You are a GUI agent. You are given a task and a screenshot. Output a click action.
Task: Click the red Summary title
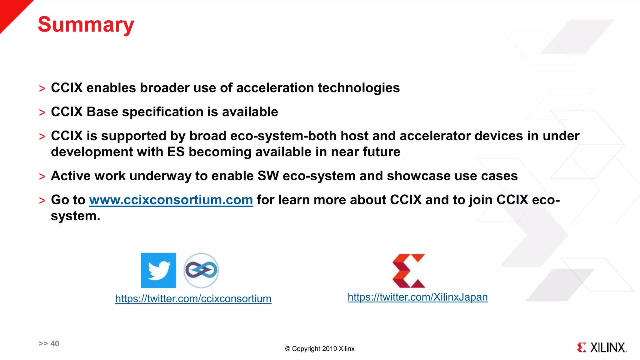[86, 25]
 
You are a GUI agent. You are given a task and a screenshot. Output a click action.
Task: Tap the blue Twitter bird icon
[158, 270]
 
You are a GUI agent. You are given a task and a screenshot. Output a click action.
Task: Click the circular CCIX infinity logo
[201, 270]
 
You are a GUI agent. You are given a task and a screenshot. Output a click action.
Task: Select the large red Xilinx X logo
[409, 271]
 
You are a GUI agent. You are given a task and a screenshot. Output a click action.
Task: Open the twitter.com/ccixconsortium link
[193, 299]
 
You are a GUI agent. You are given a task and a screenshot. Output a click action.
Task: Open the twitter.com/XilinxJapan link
[417, 297]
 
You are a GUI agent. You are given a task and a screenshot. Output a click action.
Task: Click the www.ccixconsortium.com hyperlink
[171, 200]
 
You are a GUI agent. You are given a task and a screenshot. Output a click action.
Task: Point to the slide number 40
[54, 343]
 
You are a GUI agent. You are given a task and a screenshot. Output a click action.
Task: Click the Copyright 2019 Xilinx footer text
[320, 349]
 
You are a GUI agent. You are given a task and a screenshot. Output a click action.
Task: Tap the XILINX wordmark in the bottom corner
[607, 347]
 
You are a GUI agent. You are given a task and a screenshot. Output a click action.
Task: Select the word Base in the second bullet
[102, 112]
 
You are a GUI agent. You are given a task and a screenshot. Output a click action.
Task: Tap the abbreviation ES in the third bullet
[176, 152]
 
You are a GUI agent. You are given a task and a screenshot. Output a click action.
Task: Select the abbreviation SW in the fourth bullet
[268, 176]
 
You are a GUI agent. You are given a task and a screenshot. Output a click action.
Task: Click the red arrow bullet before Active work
[42, 177]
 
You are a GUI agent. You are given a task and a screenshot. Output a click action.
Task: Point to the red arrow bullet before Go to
[42, 201]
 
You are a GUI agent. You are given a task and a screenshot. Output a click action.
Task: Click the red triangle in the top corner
[11, 11]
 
